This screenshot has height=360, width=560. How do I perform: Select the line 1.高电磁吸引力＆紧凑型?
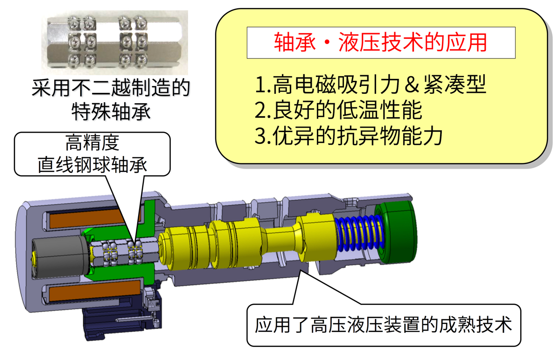pos(371,85)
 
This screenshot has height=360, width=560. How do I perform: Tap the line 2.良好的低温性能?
pos(339,110)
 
